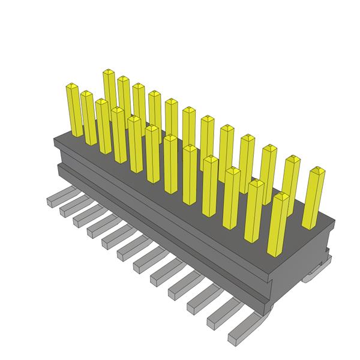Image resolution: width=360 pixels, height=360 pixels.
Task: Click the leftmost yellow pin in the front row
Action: (74, 111)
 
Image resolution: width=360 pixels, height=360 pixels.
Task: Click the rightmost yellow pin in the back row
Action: (315, 198)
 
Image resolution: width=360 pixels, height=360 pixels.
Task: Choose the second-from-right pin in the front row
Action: (254, 210)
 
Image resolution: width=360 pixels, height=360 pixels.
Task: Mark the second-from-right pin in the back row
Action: (291, 180)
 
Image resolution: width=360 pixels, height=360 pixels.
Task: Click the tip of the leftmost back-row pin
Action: (109, 73)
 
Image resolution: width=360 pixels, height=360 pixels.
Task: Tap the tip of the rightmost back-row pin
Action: (317, 172)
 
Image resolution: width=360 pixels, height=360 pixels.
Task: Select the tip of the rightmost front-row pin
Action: (280, 197)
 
